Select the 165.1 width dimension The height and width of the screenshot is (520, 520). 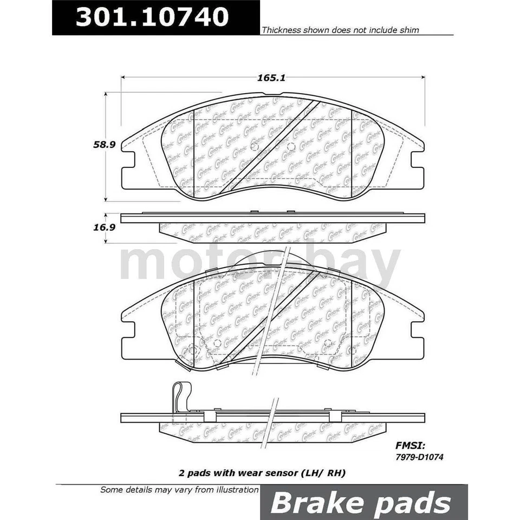(274, 78)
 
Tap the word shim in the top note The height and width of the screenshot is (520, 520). (408, 30)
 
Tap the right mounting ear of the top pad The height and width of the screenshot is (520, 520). (417, 159)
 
